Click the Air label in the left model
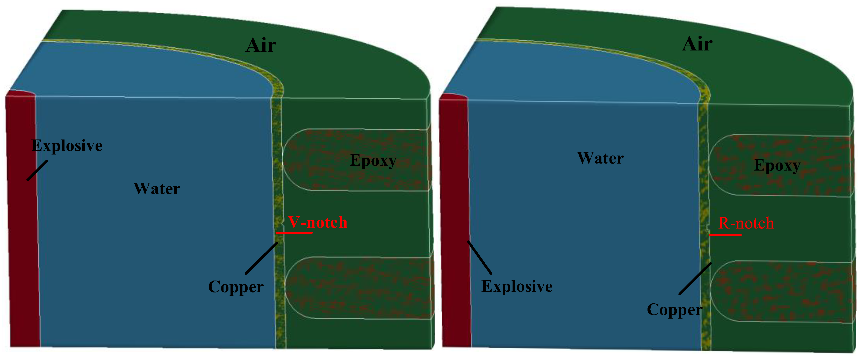(x=261, y=45)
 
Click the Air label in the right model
(x=697, y=44)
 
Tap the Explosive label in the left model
(x=67, y=146)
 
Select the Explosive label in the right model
(x=517, y=286)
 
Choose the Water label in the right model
(x=600, y=158)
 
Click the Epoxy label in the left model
(x=373, y=160)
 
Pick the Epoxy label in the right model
(x=777, y=165)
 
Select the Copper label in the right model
(x=674, y=310)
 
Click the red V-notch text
(x=318, y=222)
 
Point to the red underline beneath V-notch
(x=294, y=232)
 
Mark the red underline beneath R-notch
(x=725, y=235)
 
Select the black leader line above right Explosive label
(x=479, y=258)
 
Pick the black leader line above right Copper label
(x=695, y=279)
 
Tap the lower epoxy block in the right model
(x=781, y=291)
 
